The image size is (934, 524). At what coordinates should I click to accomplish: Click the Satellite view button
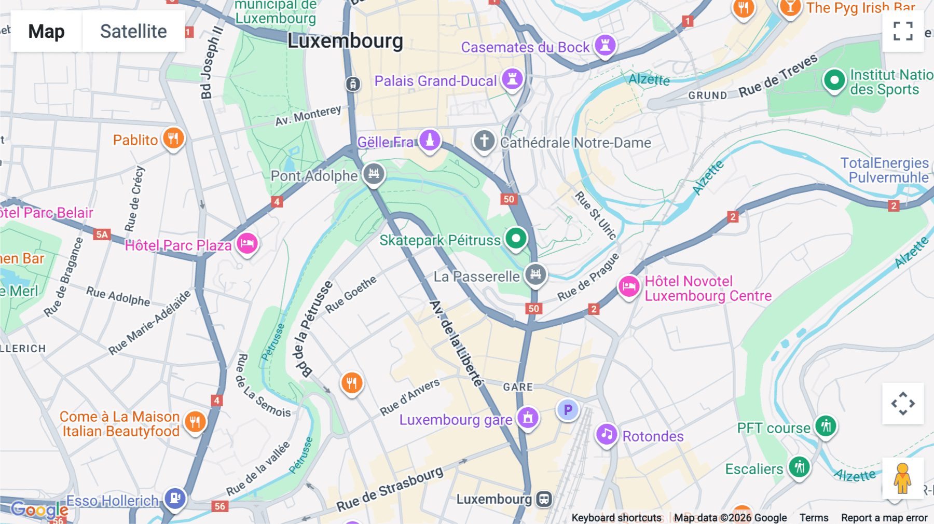coord(133,31)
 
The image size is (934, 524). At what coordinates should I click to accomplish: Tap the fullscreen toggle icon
coord(903,31)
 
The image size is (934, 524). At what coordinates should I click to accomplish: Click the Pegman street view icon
coord(902,478)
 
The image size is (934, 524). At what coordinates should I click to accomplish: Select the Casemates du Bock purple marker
coord(605,45)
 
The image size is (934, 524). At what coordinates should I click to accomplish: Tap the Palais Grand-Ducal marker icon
coord(512,79)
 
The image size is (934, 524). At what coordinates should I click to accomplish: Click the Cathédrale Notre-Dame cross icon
coord(484,141)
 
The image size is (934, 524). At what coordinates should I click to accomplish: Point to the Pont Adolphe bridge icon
coord(374,174)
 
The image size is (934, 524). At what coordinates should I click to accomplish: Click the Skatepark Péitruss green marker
coord(516,239)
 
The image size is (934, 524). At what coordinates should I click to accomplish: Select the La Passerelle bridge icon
coord(535,274)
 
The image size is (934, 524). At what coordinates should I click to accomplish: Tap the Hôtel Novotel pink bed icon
coord(629,286)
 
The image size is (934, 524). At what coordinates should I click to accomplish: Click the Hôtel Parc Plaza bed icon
coord(247,243)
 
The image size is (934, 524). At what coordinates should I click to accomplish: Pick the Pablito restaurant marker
coord(173,139)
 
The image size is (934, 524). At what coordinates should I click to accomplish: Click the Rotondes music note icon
coord(607,434)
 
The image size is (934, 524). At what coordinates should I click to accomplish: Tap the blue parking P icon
coord(568,410)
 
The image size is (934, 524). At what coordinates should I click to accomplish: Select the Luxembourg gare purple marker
coord(528,417)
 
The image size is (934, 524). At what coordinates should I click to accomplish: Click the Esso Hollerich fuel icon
coord(175,499)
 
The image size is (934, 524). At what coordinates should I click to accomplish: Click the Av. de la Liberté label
coord(457,343)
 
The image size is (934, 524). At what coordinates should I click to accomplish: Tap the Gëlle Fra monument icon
coord(430,140)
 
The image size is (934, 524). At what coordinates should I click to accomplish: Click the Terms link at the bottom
coord(814,518)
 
